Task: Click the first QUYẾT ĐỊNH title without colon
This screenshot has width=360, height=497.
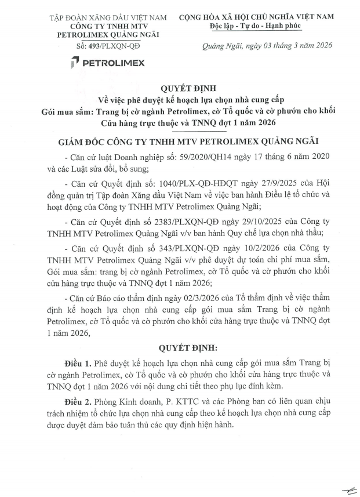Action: (180, 88)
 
